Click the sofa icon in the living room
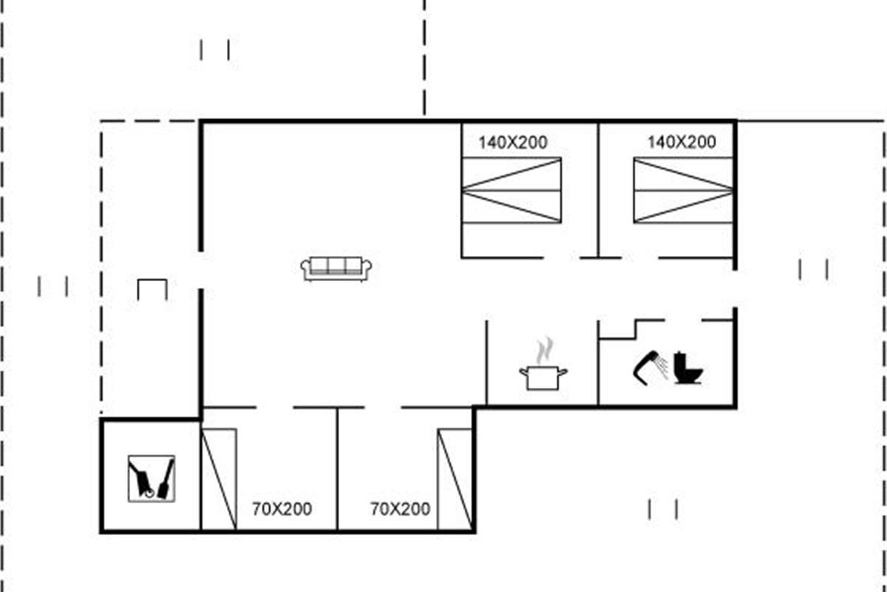[336, 269]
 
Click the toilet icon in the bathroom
[688, 368]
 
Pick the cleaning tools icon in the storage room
[152, 478]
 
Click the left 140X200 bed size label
[513, 142]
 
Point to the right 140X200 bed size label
[682, 142]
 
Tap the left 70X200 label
[282, 509]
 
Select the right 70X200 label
[401, 509]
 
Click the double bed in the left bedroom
[512, 190]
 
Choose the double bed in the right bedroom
[683, 190]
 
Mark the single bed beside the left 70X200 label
[219, 479]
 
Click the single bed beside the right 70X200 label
[455, 479]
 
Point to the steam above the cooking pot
[545, 350]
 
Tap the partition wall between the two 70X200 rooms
[337, 468]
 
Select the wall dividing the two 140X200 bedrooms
[598, 190]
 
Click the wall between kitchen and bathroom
[598, 363]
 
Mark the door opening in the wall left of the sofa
[201, 270]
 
